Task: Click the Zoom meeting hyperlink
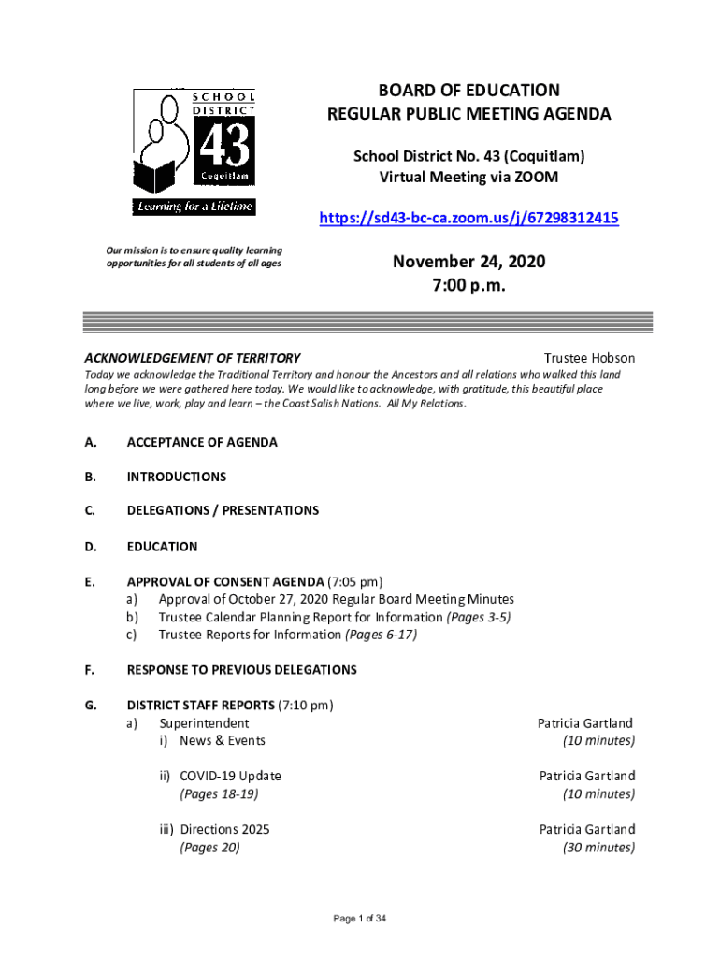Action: tap(468, 219)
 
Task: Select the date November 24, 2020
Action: tap(468, 262)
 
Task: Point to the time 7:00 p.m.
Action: tap(468, 287)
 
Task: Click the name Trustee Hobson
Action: tap(589, 358)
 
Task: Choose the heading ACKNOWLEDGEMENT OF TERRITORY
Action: tap(193, 358)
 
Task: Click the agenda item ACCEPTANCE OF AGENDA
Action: tap(202, 442)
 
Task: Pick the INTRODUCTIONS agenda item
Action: tap(177, 477)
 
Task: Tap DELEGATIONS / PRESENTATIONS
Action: tap(223, 510)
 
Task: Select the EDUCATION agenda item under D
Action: tap(163, 546)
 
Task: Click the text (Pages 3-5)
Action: tap(479, 617)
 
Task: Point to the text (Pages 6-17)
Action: tap(381, 635)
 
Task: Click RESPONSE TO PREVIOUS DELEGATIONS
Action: tap(242, 670)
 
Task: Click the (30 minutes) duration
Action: tap(598, 848)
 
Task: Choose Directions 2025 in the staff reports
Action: tap(224, 829)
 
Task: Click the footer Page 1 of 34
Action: tap(360, 919)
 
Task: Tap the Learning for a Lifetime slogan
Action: tap(194, 207)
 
